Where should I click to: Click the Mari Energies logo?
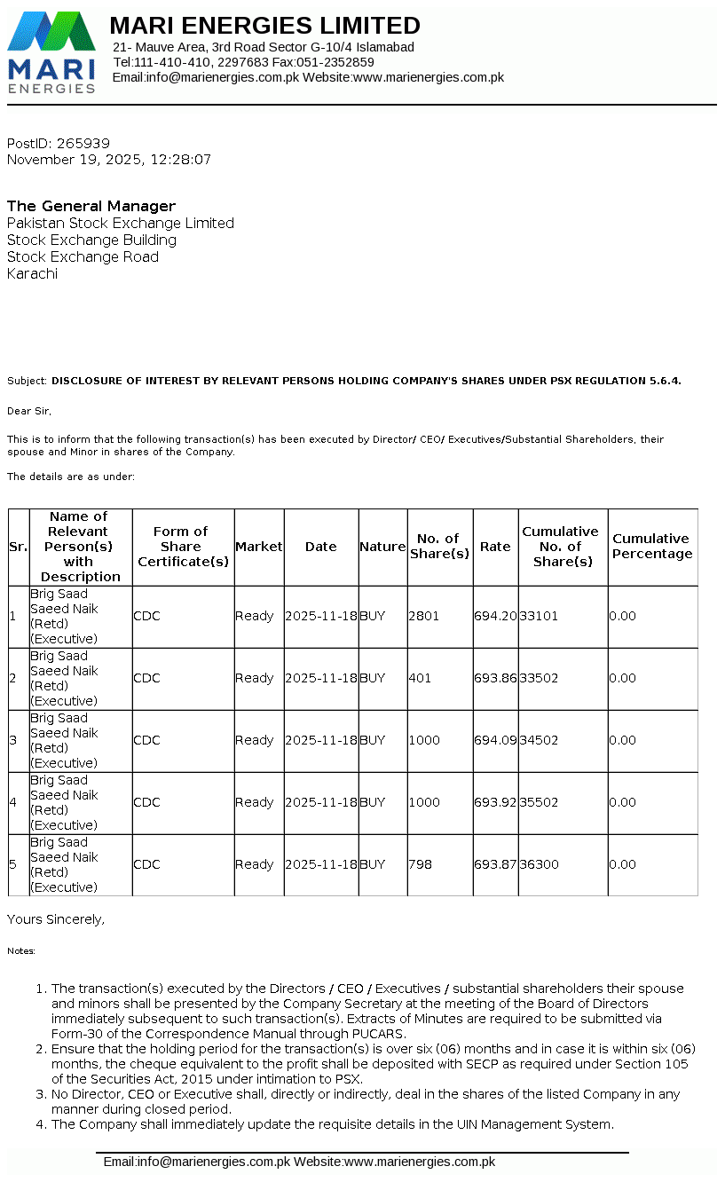tap(51, 51)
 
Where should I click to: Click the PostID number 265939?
tap(83, 143)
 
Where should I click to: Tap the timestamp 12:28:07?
tap(181, 160)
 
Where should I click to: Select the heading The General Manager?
tap(91, 206)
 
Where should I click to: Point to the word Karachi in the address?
tap(32, 273)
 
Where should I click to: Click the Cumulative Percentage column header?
tap(652, 547)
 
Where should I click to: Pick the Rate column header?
tap(495, 547)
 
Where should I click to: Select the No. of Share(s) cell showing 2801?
tap(424, 616)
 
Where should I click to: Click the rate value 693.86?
tap(495, 678)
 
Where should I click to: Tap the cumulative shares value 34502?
tap(540, 740)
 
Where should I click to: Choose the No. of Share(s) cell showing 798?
tap(421, 864)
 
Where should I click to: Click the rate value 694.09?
tap(495, 740)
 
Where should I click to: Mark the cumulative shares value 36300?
tap(540, 864)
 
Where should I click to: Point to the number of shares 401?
tap(421, 678)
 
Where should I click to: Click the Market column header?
tap(259, 547)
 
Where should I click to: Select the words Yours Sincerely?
tap(56, 919)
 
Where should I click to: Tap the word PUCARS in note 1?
tap(380, 1034)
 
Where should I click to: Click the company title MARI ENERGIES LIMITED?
tap(265, 25)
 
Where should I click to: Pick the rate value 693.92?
tap(495, 802)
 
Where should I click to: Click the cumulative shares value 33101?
tap(540, 616)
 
